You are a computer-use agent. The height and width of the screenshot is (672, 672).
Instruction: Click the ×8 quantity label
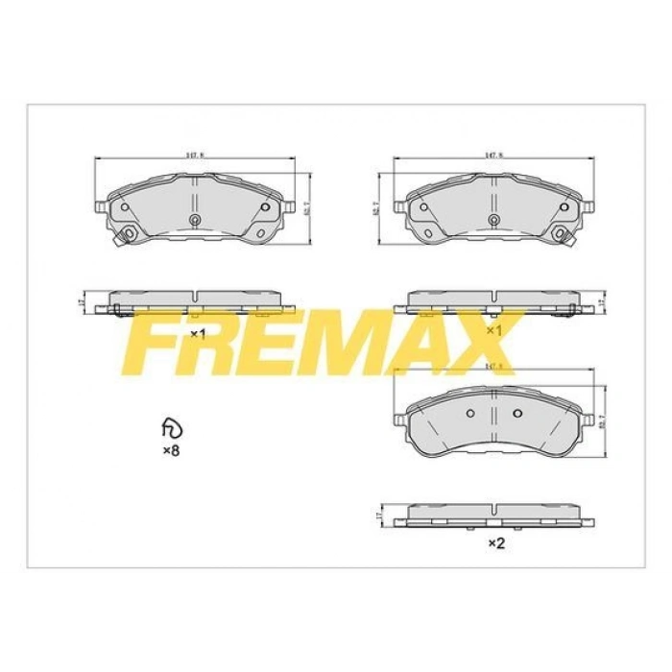click(x=170, y=450)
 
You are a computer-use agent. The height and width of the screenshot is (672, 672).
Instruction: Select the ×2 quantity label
click(x=496, y=543)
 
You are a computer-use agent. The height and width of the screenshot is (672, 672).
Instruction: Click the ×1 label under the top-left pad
click(x=198, y=334)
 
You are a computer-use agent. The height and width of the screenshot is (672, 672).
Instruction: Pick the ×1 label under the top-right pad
click(x=495, y=330)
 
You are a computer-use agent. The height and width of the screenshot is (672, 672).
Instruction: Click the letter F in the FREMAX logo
click(x=158, y=343)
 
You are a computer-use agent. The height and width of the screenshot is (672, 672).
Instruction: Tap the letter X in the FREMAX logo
click(x=481, y=343)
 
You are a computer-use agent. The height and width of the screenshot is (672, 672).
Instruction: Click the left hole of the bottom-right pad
click(x=470, y=414)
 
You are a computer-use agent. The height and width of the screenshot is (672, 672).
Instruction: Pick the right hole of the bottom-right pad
click(x=516, y=414)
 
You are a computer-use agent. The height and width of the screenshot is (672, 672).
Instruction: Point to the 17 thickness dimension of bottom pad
click(x=380, y=516)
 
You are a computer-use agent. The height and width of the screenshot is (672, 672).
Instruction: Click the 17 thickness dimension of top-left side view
click(x=84, y=302)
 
